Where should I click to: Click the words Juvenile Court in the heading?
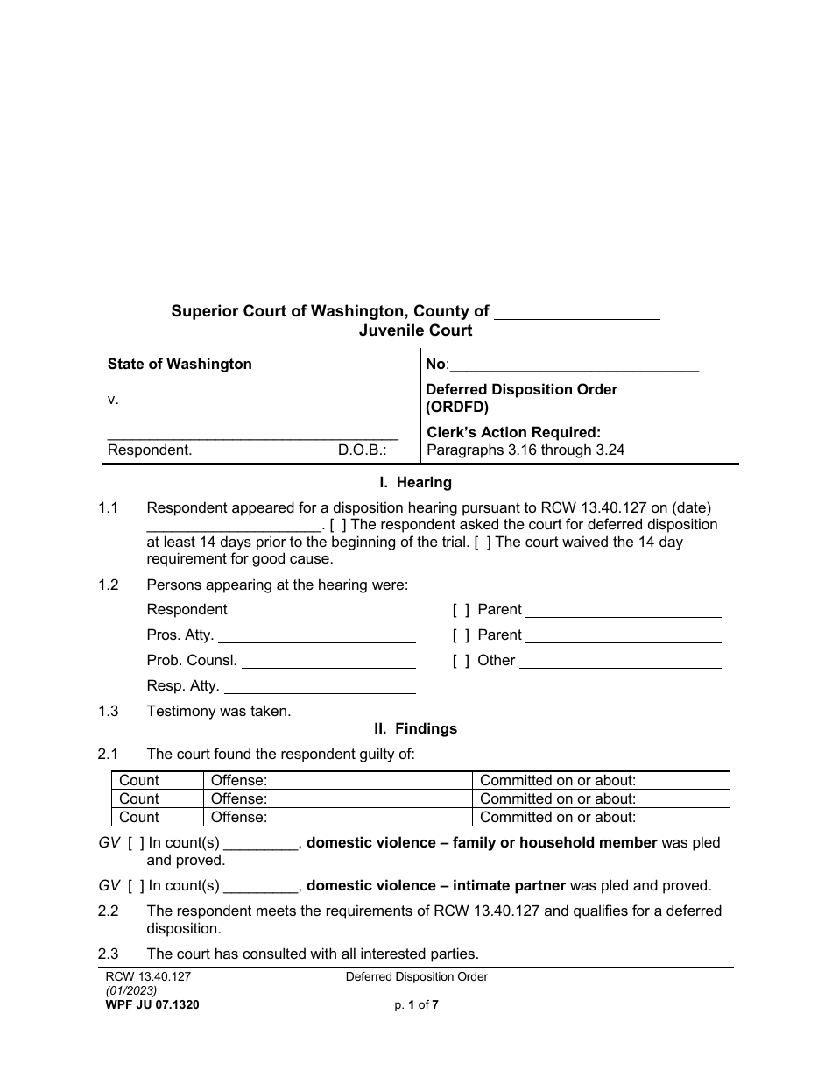click(415, 330)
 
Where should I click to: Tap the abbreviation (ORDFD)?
click(457, 407)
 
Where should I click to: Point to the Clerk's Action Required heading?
click(513, 432)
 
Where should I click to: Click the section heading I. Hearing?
click(415, 482)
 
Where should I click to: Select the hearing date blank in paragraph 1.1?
click(234, 525)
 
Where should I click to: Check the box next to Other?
click(461, 661)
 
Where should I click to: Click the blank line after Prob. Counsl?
click(328, 661)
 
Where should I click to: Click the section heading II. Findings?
click(415, 728)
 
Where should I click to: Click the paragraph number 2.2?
click(109, 911)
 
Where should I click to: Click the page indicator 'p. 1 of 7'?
click(416, 1005)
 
